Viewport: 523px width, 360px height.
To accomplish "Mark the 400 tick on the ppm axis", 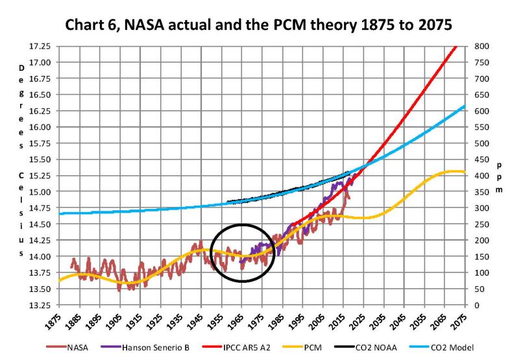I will [x=481, y=176].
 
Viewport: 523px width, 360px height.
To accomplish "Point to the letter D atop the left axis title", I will [x=21, y=67].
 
